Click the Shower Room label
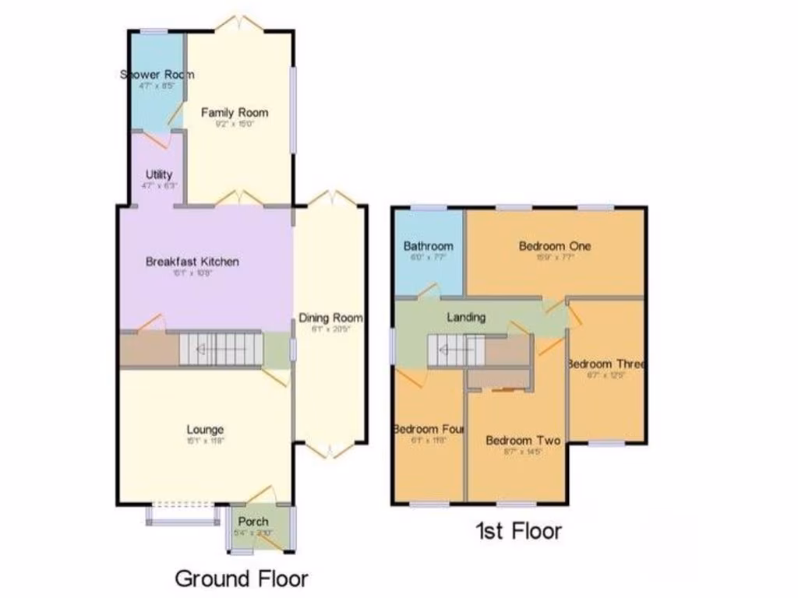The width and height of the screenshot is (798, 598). pos(157,75)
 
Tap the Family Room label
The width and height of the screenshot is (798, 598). pos(228,112)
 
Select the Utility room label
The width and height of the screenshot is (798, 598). pos(159,174)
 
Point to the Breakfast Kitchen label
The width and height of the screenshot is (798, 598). pos(192,262)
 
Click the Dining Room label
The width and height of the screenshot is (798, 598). pos(332,318)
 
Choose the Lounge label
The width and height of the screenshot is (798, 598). pos(205,429)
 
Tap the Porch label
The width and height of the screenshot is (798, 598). pos(252,521)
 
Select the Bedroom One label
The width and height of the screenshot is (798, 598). pos(555,246)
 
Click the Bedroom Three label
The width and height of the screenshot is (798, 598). pos(606,364)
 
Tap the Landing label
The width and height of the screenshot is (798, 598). pos(466,317)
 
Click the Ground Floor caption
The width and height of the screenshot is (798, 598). pos(241,579)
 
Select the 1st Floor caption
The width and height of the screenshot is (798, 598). pos(518,532)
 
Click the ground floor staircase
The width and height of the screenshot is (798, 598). pos(221,349)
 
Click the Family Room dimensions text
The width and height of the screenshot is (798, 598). pos(228,123)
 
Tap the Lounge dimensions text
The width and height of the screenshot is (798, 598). pos(205,441)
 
